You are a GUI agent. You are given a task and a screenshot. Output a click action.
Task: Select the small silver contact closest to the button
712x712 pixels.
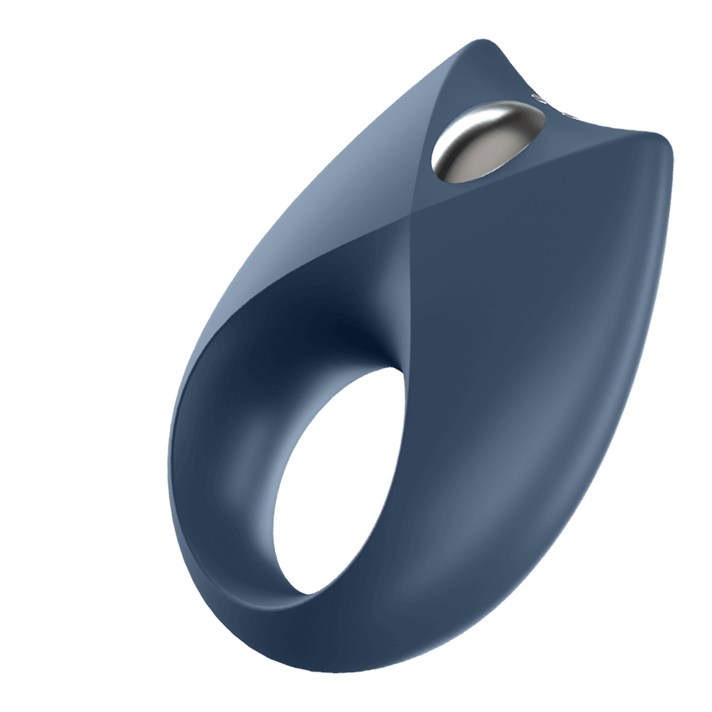[539, 100]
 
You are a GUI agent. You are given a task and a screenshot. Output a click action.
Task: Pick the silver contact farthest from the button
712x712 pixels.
[570, 113]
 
